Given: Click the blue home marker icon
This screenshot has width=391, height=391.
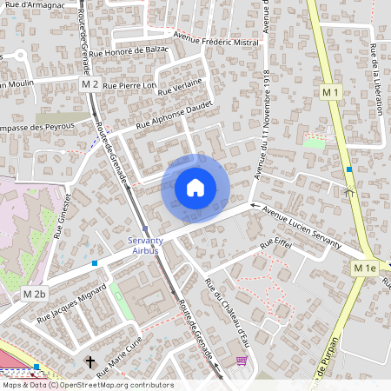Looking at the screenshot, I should (x=195, y=188).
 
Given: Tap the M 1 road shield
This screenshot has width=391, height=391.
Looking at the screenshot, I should (x=329, y=91).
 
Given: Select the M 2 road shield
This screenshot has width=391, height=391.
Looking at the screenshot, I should (x=89, y=84).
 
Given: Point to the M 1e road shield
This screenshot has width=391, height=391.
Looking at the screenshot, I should (x=365, y=268).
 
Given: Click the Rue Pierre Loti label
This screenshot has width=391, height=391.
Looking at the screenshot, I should (x=129, y=86).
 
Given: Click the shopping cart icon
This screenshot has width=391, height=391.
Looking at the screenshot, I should (x=241, y=361).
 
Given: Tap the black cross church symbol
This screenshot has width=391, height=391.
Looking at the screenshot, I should (x=89, y=361).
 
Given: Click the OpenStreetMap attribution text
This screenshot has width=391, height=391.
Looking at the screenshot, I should (x=87, y=385).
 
